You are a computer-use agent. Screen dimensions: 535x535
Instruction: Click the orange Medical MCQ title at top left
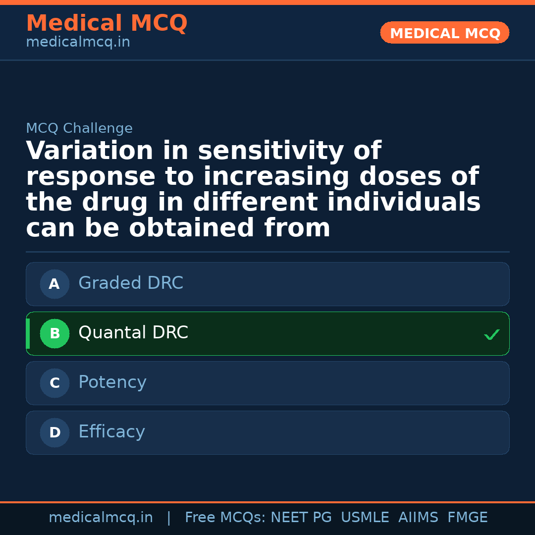(x=107, y=23)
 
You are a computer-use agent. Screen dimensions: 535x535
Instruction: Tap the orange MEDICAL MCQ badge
(x=445, y=33)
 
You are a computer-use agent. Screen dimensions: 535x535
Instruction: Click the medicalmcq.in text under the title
(x=78, y=43)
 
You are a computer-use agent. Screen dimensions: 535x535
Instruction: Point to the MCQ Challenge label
(x=79, y=129)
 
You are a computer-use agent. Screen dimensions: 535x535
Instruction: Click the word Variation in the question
(x=90, y=151)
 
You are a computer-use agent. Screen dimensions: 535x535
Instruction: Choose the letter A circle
(x=54, y=284)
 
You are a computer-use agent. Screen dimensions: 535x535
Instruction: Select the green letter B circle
(x=54, y=334)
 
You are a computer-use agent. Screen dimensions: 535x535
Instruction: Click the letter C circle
(x=54, y=383)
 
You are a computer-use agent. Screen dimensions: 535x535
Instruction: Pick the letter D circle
(x=54, y=433)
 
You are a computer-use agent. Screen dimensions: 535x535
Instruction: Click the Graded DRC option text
(x=131, y=283)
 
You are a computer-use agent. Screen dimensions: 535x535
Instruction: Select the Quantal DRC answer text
(x=133, y=333)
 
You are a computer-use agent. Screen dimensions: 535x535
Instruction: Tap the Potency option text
(x=112, y=382)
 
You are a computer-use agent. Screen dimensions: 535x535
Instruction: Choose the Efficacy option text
(x=111, y=432)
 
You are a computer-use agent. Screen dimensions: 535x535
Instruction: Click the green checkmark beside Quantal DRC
(x=492, y=335)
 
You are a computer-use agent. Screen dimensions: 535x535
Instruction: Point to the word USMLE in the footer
(x=365, y=518)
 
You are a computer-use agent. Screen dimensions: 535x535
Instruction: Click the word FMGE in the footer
(x=468, y=518)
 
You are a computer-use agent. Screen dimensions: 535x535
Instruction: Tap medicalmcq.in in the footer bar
(x=101, y=518)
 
